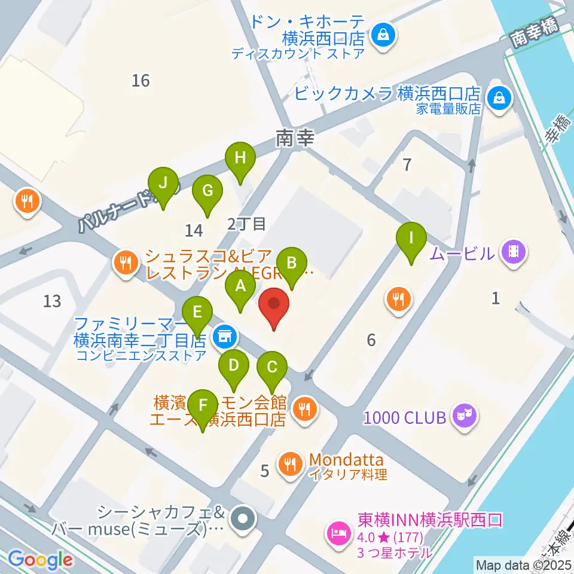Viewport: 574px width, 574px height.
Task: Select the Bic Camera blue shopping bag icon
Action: point(497,97)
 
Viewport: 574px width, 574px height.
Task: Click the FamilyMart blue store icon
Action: point(225,336)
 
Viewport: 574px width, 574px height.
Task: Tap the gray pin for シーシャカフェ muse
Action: point(243,518)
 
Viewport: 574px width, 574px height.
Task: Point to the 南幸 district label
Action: point(295,139)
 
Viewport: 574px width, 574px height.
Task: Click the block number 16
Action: point(141,80)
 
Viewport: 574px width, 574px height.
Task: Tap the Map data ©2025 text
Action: point(523,564)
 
